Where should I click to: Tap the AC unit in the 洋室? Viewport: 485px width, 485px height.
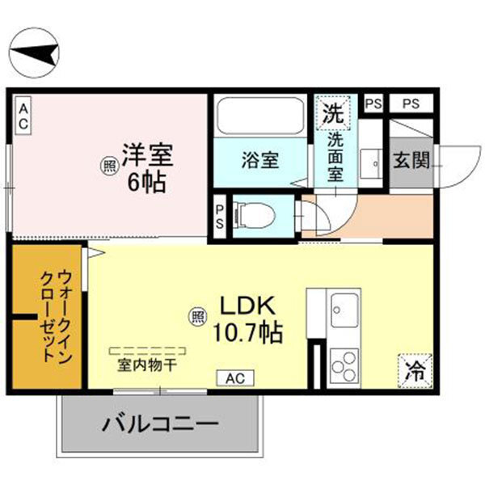click(24, 116)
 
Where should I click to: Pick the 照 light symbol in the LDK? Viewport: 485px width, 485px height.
click(197, 317)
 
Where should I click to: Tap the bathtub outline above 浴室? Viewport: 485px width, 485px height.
click(260, 118)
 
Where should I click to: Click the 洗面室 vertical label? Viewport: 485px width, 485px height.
click(335, 158)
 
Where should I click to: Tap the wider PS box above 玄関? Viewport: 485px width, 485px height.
click(411, 103)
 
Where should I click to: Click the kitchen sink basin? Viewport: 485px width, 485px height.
click(343, 310)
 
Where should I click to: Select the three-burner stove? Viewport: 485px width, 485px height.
click(343, 364)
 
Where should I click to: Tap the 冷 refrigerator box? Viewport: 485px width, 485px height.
click(416, 372)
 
